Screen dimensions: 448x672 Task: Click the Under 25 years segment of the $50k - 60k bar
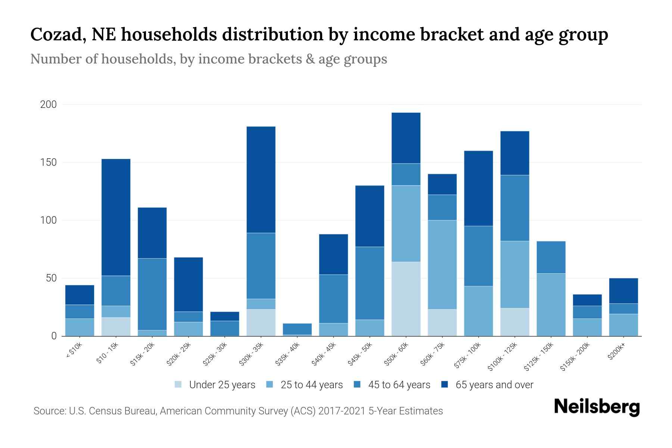click(x=406, y=299)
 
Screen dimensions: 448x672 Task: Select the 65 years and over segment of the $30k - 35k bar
click(x=261, y=180)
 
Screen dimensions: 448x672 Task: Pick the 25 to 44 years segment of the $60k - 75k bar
click(x=442, y=265)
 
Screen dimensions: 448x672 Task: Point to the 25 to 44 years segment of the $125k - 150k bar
click(x=551, y=305)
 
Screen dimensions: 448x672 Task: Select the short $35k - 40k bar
click(x=297, y=329)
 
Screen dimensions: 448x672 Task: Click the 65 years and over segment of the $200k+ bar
click(x=623, y=291)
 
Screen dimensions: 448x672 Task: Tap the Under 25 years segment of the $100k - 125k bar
click(x=514, y=322)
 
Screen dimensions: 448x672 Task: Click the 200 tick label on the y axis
click(x=49, y=105)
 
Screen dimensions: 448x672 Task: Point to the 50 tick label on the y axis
click(x=51, y=278)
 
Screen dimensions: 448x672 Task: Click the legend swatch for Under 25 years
click(x=178, y=385)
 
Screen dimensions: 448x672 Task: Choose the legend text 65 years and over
click(x=494, y=385)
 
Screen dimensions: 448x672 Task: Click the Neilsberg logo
click(x=597, y=407)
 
